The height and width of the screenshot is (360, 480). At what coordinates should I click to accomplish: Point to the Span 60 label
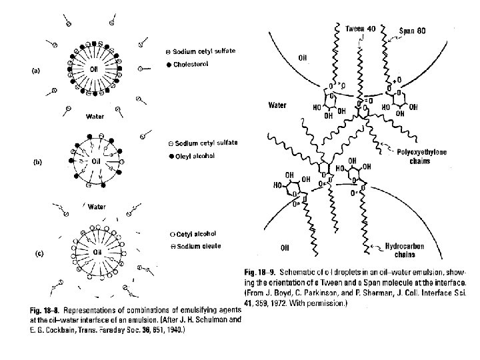(x=417, y=30)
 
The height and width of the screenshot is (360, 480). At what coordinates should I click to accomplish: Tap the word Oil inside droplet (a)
(x=97, y=69)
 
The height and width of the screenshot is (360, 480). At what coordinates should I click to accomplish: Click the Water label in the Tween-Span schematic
(x=277, y=105)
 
